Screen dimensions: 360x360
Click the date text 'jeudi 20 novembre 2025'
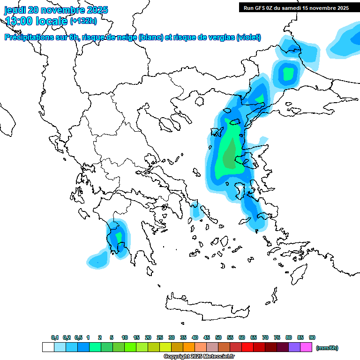[56, 10]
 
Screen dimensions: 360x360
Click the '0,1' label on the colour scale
[54, 337]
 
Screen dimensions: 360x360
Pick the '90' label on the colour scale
[312, 337]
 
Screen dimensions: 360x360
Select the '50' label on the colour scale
[218, 337]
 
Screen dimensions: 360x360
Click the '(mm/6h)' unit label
[327, 348]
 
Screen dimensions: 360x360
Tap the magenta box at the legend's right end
[306, 347]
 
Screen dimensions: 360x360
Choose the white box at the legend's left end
[48, 347]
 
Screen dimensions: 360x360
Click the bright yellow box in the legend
[165, 347]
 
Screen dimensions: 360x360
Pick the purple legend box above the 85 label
[294, 347]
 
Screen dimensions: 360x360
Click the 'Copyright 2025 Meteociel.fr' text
[199, 357]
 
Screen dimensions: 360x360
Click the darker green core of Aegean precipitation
[230, 157]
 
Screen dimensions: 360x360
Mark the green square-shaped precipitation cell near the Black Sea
[288, 73]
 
